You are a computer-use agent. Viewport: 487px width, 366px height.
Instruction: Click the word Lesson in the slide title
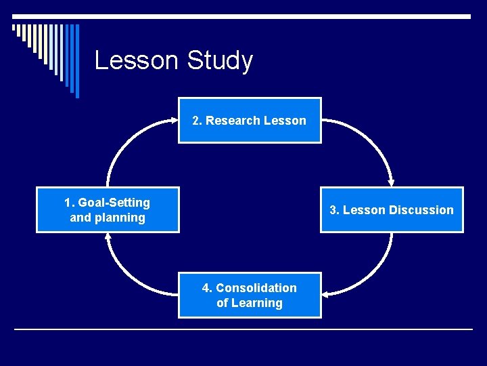[137, 60]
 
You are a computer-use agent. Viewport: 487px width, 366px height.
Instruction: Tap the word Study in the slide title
[220, 60]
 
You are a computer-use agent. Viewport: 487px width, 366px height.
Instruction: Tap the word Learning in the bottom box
[257, 303]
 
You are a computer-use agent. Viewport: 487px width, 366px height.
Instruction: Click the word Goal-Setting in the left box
[114, 203]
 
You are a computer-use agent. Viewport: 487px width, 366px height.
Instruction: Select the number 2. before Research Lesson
[198, 121]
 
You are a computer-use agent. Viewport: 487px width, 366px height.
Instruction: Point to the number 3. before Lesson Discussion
[335, 210]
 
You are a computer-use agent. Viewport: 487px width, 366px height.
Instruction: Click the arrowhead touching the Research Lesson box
[172, 121]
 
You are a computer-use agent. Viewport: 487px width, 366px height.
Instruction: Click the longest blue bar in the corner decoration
[76, 61]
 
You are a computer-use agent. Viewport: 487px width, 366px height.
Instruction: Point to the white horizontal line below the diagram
[243, 329]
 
